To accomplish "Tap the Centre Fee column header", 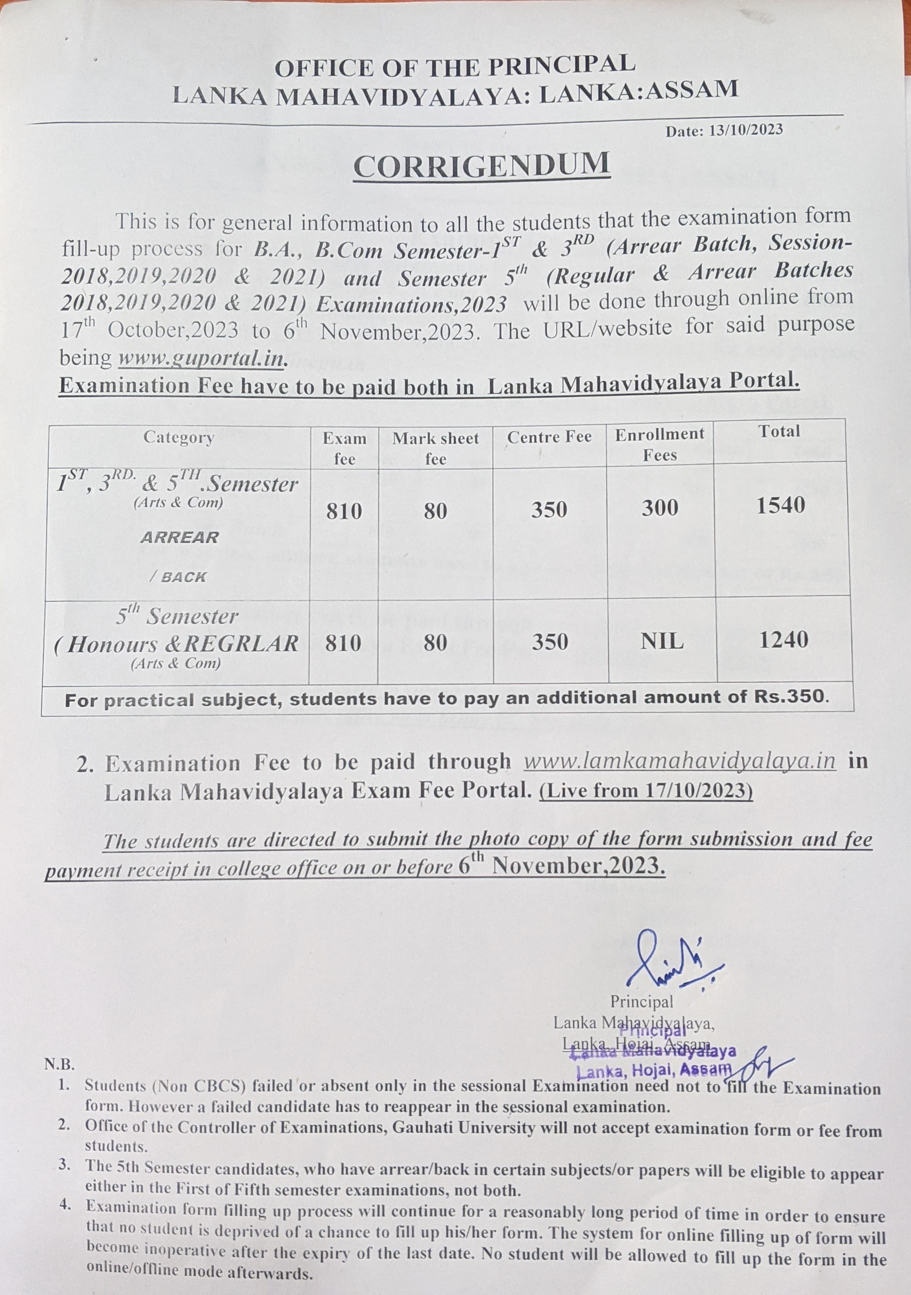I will tap(549, 437).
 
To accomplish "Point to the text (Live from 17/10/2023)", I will tap(646, 791).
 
